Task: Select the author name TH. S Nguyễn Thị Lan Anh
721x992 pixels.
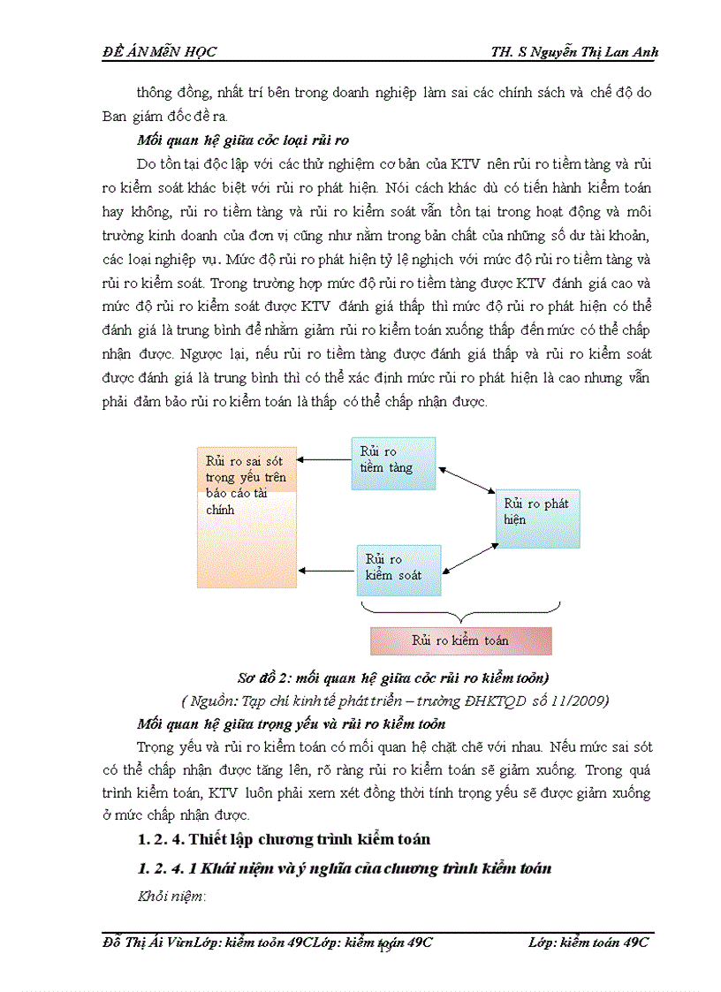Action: pos(574,52)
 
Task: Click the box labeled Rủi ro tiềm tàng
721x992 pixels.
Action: pos(393,462)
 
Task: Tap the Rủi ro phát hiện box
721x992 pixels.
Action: pos(537,519)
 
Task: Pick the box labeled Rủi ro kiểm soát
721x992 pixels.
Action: pos(398,570)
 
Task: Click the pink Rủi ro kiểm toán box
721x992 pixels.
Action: pos(460,640)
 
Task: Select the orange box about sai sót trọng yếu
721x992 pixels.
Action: pos(247,517)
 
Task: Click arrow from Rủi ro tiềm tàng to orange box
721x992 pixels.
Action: pos(324,459)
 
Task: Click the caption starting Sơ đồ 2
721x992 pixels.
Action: pos(382,678)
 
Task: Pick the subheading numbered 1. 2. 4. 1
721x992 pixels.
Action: pos(345,868)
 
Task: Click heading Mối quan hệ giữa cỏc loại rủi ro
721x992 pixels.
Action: pos(243,140)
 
